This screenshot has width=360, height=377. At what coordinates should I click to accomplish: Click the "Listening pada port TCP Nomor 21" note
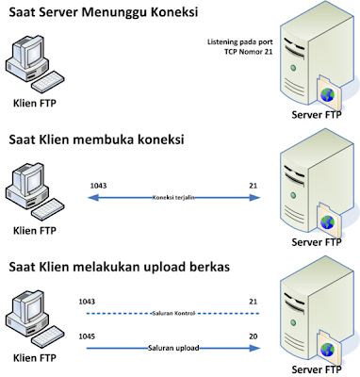235,47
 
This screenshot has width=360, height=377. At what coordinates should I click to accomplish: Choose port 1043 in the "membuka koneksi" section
96,185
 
